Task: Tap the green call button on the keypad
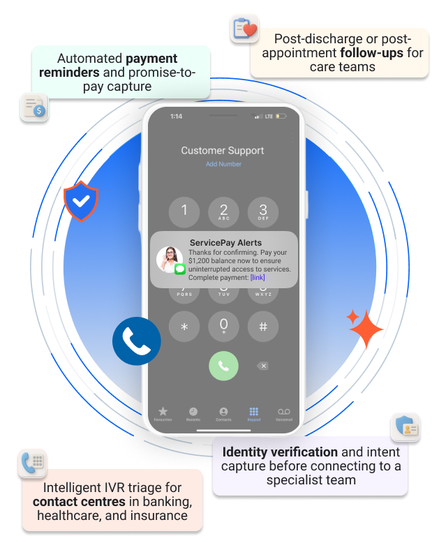coord(223,366)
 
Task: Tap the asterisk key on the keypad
coord(184,327)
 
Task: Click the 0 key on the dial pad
coord(223,326)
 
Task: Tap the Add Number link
coord(223,165)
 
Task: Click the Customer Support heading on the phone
coord(223,150)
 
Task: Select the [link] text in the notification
coord(258,278)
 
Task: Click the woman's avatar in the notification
coord(170,260)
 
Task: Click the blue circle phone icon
coord(137,341)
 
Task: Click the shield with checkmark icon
coord(81,202)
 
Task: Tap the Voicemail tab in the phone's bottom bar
coord(283,413)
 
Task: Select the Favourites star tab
coord(163,413)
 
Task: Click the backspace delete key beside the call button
coord(262,366)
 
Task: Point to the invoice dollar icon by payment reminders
coord(34,107)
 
